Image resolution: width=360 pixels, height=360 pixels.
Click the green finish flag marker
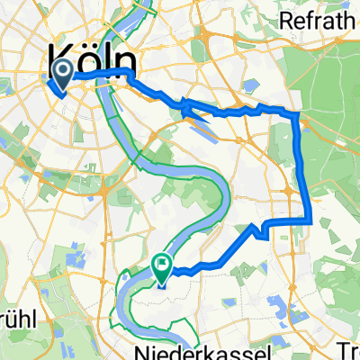(163, 266)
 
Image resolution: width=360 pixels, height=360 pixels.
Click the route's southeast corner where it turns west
(310, 220)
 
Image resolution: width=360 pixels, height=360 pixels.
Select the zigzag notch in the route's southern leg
(261, 229)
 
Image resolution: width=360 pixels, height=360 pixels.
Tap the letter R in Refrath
(287, 20)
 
